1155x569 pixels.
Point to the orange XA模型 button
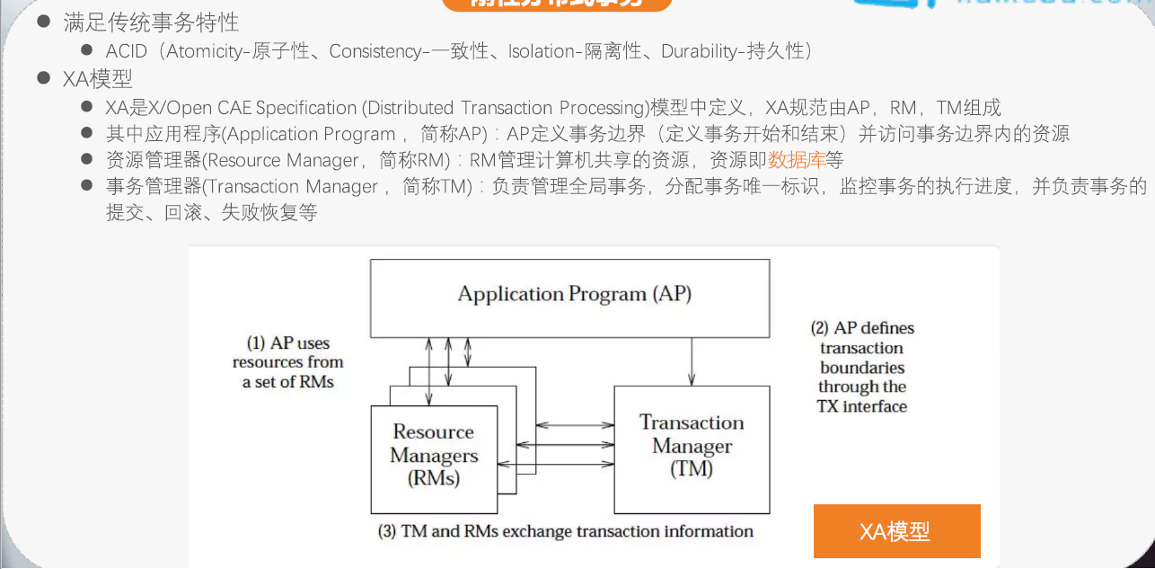point(896,531)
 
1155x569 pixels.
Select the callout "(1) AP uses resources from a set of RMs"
point(288,362)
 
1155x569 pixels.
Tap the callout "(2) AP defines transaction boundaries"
point(862,367)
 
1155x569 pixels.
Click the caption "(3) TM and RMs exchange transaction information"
point(566,530)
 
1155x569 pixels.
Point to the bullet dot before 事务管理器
point(87,186)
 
